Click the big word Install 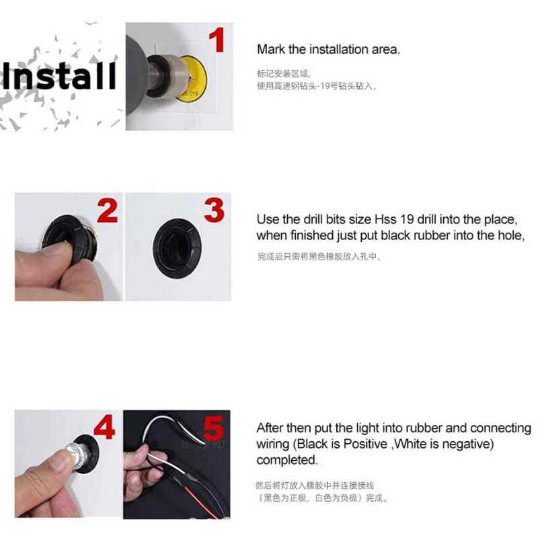click(59, 75)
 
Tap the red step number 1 click(217, 40)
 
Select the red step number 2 click(107, 210)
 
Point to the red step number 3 click(214, 210)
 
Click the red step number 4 click(104, 427)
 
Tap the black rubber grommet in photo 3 click(178, 248)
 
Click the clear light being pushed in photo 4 click(76, 455)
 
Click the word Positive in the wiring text click(365, 444)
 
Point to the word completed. click(287, 460)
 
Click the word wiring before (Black click(273, 445)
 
